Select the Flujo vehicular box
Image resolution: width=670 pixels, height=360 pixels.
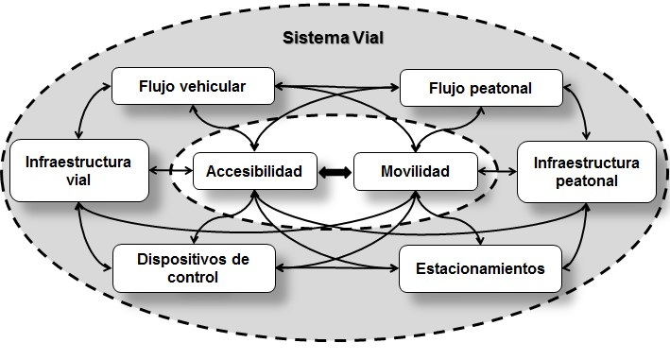click(x=193, y=86)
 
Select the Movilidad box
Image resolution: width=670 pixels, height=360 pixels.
click(x=415, y=172)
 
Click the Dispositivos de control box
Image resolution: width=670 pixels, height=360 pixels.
click(x=193, y=268)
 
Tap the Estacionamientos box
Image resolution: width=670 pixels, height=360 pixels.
click(x=480, y=268)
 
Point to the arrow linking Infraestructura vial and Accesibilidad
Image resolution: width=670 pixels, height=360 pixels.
click(x=172, y=172)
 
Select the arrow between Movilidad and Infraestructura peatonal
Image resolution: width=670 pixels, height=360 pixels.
click(x=497, y=172)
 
